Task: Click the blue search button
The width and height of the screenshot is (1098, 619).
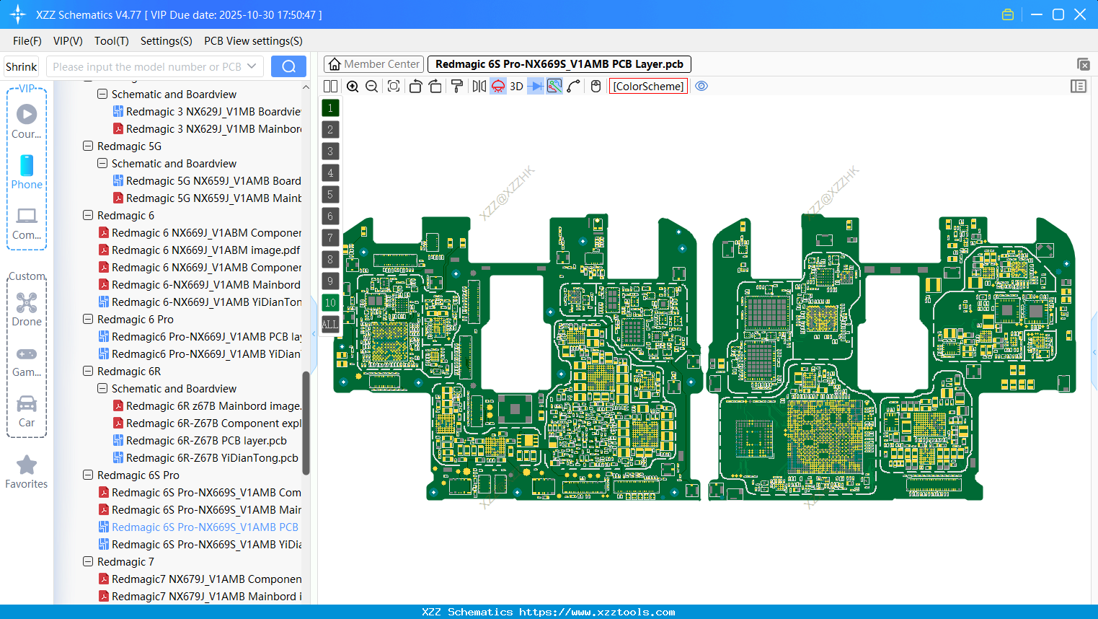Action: pyautogui.click(x=288, y=66)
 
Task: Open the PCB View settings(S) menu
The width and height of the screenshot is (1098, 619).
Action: pyautogui.click(x=253, y=41)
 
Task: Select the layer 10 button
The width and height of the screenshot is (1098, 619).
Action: pyautogui.click(x=330, y=303)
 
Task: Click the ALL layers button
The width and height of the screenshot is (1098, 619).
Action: pyautogui.click(x=330, y=325)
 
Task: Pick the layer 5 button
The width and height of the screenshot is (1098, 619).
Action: pyautogui.click(x=330, y=195)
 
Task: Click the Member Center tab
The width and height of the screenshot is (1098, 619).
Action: pyautogui.click(x=373, y=64)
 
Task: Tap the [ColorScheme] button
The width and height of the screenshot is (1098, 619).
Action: pyautogui.click(x=648, y=87)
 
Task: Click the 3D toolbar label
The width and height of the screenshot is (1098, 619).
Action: pyautogui.click(x=516, y=87)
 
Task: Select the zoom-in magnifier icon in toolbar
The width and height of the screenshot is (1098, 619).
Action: pyautogui.click(x=353, y=87)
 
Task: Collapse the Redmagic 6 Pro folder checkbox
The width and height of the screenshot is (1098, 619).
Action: pyautogui.click(x=88, y=320)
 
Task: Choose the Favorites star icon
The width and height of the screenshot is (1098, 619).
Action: pyautogui.click(x=27, y=465)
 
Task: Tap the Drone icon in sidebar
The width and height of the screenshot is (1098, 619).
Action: pyautogui.click(x=27, y=303)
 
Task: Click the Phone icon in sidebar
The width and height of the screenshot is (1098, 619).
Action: pyautogui.click(x=27, y=166)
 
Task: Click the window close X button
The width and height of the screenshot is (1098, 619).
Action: pyautogui.click(x=1080, y=14)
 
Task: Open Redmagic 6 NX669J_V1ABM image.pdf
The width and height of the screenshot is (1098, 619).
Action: pyautogui.click(x=205, y=250)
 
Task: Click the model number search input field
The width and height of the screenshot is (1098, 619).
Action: pyautogui.click(x=148, y=66)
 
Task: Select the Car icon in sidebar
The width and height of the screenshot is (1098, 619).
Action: pyautogui.click(x=27, y=404)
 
